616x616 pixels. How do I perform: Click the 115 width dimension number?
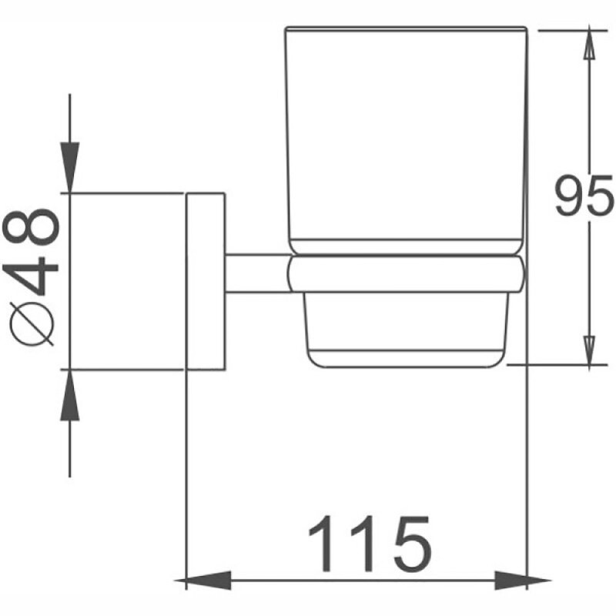[x=370, y=545]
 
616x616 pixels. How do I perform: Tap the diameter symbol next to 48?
[x=32, y=324]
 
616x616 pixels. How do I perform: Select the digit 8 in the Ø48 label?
[x=31, y=226]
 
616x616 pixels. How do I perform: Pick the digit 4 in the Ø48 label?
[x=31, y=275]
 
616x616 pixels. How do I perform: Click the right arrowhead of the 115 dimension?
[x=523, y=580]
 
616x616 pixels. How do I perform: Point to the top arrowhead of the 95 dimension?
[x=588, y=43]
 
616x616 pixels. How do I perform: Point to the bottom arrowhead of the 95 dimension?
[x=588, y=353]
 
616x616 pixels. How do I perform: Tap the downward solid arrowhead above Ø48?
[x=69, y=167]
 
